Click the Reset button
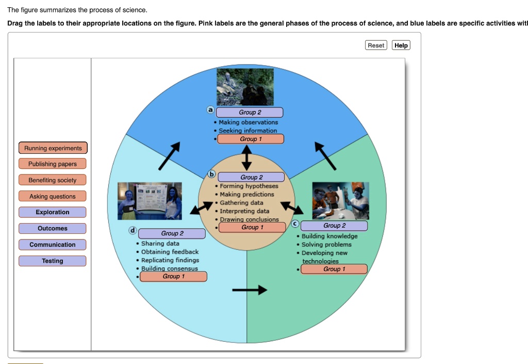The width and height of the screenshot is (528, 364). tap(376, 45)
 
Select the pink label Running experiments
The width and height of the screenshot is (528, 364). tap(53, 148)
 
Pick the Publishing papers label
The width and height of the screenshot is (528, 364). tap(53, 164)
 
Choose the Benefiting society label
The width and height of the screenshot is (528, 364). tap(53, 180)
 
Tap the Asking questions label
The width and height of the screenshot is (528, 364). tap(53, 196)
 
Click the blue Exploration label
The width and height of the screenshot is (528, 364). tap(53, 212)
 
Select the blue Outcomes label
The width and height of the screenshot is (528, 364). tap(53, 228)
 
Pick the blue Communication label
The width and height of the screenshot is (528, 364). tap(53, 245)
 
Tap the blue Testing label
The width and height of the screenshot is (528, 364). tap(53, 261)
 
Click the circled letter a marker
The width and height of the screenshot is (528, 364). tap(210, 110)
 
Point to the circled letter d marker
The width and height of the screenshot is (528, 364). tap(133, 230)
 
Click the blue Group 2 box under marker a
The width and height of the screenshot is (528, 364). tap(250, 112)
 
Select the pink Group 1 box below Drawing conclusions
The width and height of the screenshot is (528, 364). tap(252, 227)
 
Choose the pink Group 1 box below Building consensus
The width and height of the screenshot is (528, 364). tap(173, 276)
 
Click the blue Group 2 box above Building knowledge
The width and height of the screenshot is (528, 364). tap(334, 226)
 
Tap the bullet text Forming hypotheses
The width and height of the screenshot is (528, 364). tap(249, 186)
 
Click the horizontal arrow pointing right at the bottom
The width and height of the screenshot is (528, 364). tap(250, 290)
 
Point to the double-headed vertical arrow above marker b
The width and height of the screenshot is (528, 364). tap(246, 157)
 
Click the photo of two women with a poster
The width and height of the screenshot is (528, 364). tap(150, 201)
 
